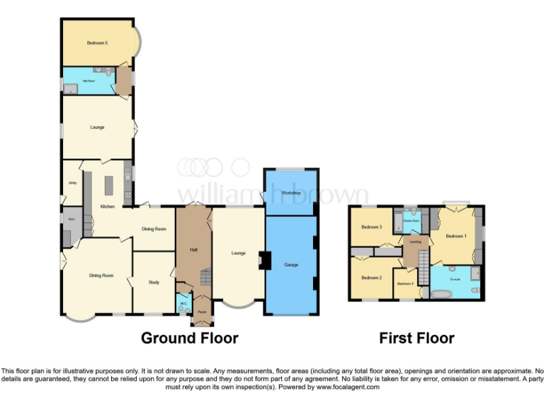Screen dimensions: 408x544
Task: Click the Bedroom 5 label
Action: pyautogui.click(x=97, y=43)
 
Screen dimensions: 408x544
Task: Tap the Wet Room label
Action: pyautogui.click(x=89, y=81)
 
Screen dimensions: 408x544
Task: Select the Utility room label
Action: pyautogui.click(x=72, y=183)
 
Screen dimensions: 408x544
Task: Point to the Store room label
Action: pyautogui.click(x=72, y=220)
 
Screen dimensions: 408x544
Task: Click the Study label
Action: pyautogui.click(x=154, y=283)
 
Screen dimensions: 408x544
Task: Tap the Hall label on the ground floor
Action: pyautogui.click(x=193, y=249)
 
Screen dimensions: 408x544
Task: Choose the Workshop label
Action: pyautogui.click(x=292, y=193)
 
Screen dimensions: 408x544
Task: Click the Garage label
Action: pyautogui.click(x=291, y=265)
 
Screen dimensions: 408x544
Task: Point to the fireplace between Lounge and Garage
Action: pyautogui.click(x=263, y=261)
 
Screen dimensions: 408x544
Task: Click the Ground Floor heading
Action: pyautogui.click(x=190, y=338)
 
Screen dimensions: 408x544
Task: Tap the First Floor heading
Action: pyautogui.click(x=416, y=338)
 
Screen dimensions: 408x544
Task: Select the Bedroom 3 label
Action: pyautogui.click(x=371, y=227)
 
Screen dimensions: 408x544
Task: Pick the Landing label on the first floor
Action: pyautogui.click(x=416, y=242)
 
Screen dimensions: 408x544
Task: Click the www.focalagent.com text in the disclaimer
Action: pyautogui.click(x=348, y=387)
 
